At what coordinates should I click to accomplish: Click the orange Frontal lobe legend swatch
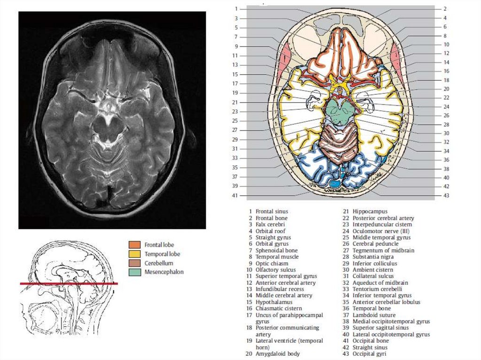point(135,245)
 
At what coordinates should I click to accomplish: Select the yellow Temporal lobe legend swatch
point(135,254)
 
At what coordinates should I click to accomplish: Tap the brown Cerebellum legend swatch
point(135,263)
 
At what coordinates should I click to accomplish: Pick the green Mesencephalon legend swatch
point(135,272)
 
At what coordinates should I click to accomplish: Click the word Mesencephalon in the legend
point(164,272)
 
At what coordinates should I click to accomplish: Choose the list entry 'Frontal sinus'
point(272,212)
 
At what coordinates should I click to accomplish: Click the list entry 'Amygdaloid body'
point(278,353)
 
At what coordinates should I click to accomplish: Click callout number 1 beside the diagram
point(236,8)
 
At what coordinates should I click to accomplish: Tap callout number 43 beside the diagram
point(446,195)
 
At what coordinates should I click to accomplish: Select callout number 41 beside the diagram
point(236,195)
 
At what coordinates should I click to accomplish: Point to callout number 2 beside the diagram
point(444,8)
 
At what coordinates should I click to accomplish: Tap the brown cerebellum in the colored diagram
point(339,143)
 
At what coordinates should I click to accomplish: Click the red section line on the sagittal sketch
point(69,283)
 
